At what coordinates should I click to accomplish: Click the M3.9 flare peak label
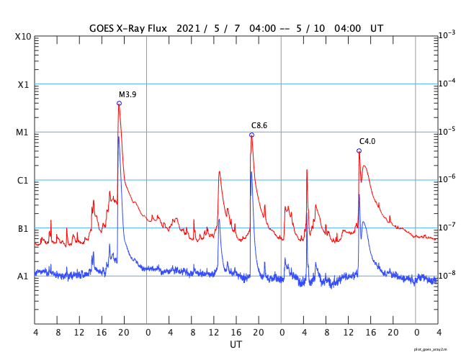(127, 94)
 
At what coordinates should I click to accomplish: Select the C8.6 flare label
(259, 125)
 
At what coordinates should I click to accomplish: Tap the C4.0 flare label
(367, 141)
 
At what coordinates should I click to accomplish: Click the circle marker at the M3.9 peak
(119, 103)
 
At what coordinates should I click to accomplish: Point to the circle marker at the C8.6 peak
(251, 135)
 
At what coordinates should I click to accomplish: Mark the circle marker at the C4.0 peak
(359, 150)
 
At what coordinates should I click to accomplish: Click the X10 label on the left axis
(24, 36)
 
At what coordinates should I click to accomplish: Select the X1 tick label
(24, 84)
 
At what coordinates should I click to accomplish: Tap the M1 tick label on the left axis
(24, 132)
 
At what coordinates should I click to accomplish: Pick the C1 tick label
(24, 180)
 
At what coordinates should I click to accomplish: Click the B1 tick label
(24, 228)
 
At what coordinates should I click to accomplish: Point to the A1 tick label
(24, 276)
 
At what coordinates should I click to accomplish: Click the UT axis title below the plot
(236, 345)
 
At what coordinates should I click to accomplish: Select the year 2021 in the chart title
(187, 28)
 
